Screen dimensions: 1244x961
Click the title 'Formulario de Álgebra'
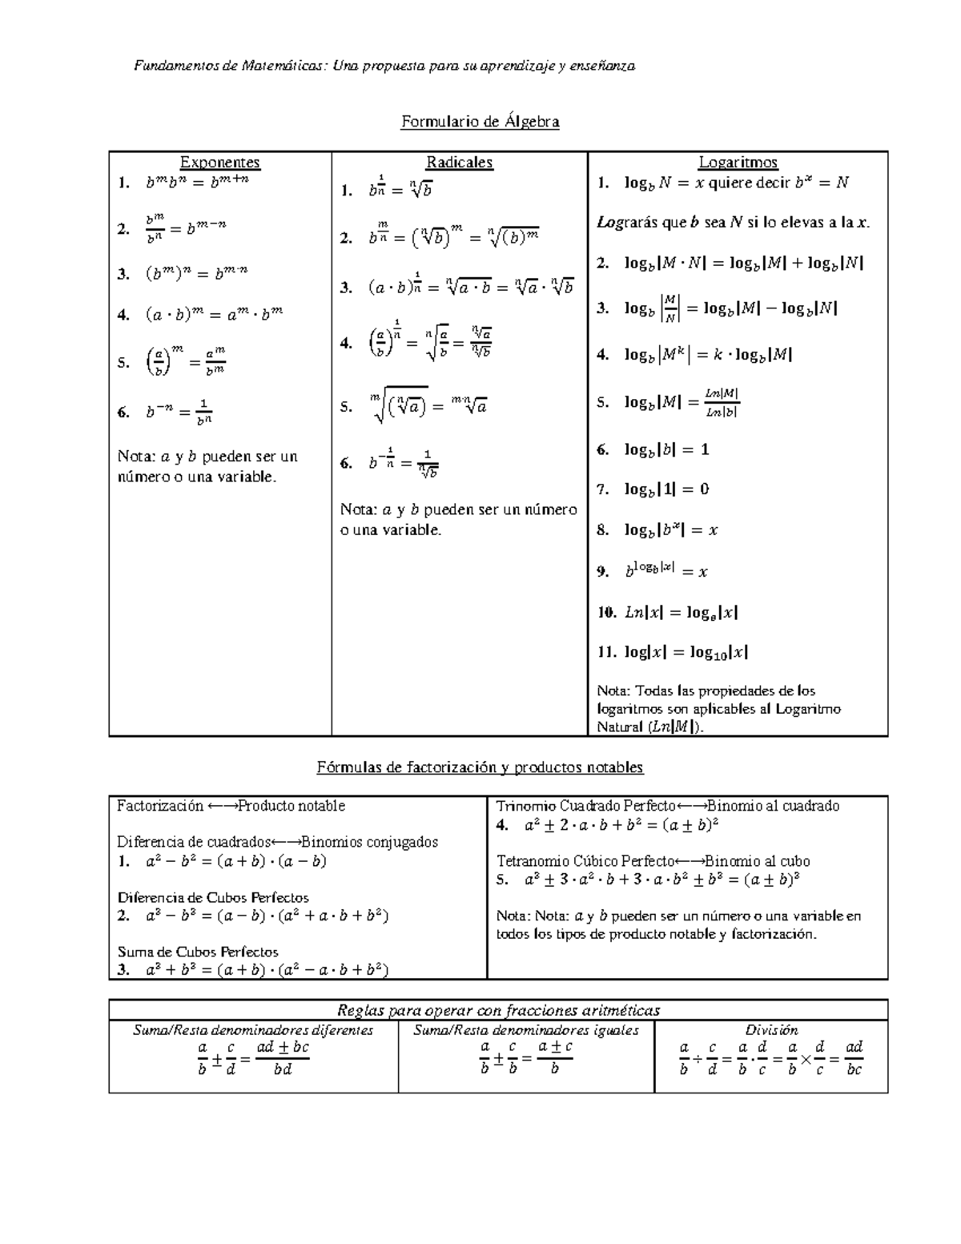(480, 122)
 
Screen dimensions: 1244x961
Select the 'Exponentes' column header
(220, 163)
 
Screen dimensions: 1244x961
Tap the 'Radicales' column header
(459, 163)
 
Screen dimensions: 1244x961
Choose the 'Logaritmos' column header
(738, 163)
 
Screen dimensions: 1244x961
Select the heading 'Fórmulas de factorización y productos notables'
(480, 767)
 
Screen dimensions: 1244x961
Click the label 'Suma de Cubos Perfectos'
(198, 952)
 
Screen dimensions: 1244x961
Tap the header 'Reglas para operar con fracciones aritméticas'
(498, 1010)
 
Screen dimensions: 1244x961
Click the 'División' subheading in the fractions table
(771, 1030)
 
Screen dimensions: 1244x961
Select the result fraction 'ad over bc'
(854, 1057)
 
